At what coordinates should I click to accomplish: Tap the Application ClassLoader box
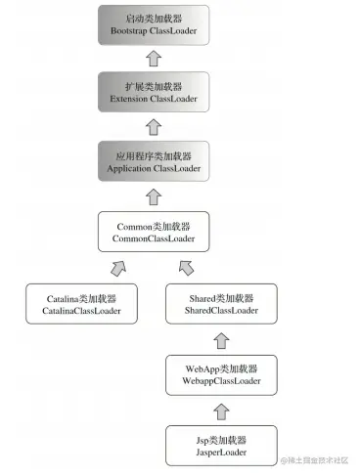tap(152, 161)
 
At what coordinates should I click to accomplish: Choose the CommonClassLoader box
tap(152, 231)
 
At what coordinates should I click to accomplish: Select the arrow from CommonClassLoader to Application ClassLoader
tap(152, 195)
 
